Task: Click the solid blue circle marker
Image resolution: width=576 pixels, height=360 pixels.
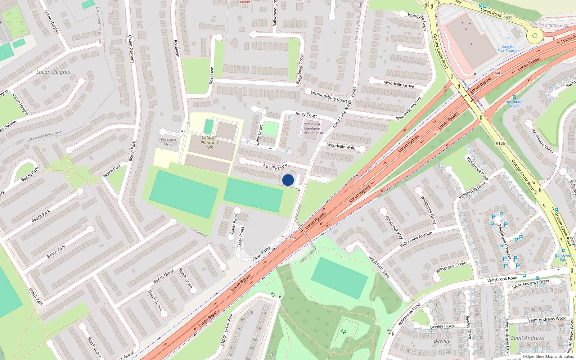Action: point(288,180)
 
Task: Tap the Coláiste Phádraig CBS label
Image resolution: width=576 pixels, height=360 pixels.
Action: point(209,143)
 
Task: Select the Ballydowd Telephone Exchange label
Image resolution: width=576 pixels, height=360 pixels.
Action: point(312,129)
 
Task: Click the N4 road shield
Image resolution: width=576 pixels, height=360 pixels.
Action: point(497,73)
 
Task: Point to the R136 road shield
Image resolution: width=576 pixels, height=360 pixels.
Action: point(500,143)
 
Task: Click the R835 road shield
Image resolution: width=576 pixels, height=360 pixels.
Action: point(508,18)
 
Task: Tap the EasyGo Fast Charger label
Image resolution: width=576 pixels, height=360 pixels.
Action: point(508,49)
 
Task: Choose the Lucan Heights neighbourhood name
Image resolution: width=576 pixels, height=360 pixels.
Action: point(53,72)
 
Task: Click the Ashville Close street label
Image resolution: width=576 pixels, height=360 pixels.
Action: point(275,167)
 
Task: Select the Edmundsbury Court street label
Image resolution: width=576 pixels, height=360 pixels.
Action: point(329,96)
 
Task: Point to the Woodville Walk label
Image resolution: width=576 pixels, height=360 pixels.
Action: point(341,147)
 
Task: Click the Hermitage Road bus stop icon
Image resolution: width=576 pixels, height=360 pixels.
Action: point(514,97)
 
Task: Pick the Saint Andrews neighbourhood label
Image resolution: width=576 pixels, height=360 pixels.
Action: point(528,338)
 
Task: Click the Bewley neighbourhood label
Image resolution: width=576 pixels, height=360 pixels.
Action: point(442,341)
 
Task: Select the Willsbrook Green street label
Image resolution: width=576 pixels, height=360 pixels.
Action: point(451,267)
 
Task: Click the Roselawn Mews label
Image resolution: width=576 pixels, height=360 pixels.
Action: point(168,142)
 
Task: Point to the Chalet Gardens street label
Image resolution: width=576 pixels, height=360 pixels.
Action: point(131,49)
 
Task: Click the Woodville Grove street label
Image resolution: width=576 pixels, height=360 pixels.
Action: point(399,85)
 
